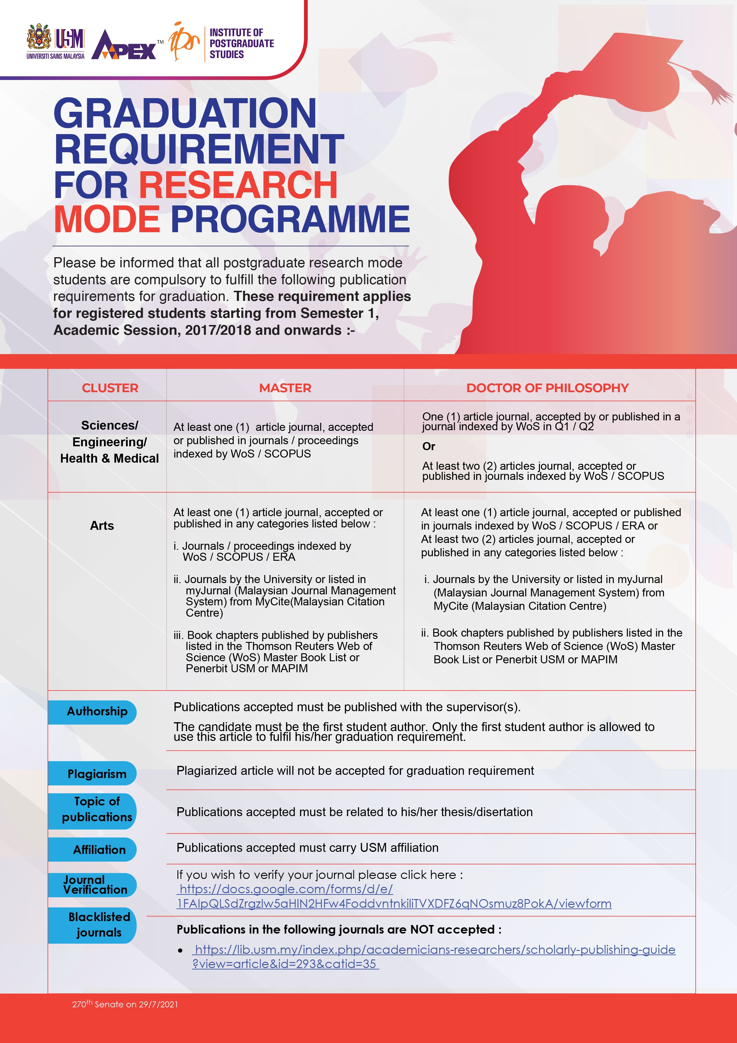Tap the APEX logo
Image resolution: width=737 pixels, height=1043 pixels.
tap(124, 46)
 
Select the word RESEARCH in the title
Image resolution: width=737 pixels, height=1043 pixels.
tap(238, 185)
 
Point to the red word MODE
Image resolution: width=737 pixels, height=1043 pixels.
tap(107, 219)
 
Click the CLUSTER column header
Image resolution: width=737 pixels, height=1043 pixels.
tap(110, 388)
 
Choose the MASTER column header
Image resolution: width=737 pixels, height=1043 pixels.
tap(285, 388)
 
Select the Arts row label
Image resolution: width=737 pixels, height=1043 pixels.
tap(102, 526)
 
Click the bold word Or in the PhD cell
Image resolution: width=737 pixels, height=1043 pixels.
tap(429, 447)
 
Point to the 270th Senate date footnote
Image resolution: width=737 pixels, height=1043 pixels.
tap(125, 1004)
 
